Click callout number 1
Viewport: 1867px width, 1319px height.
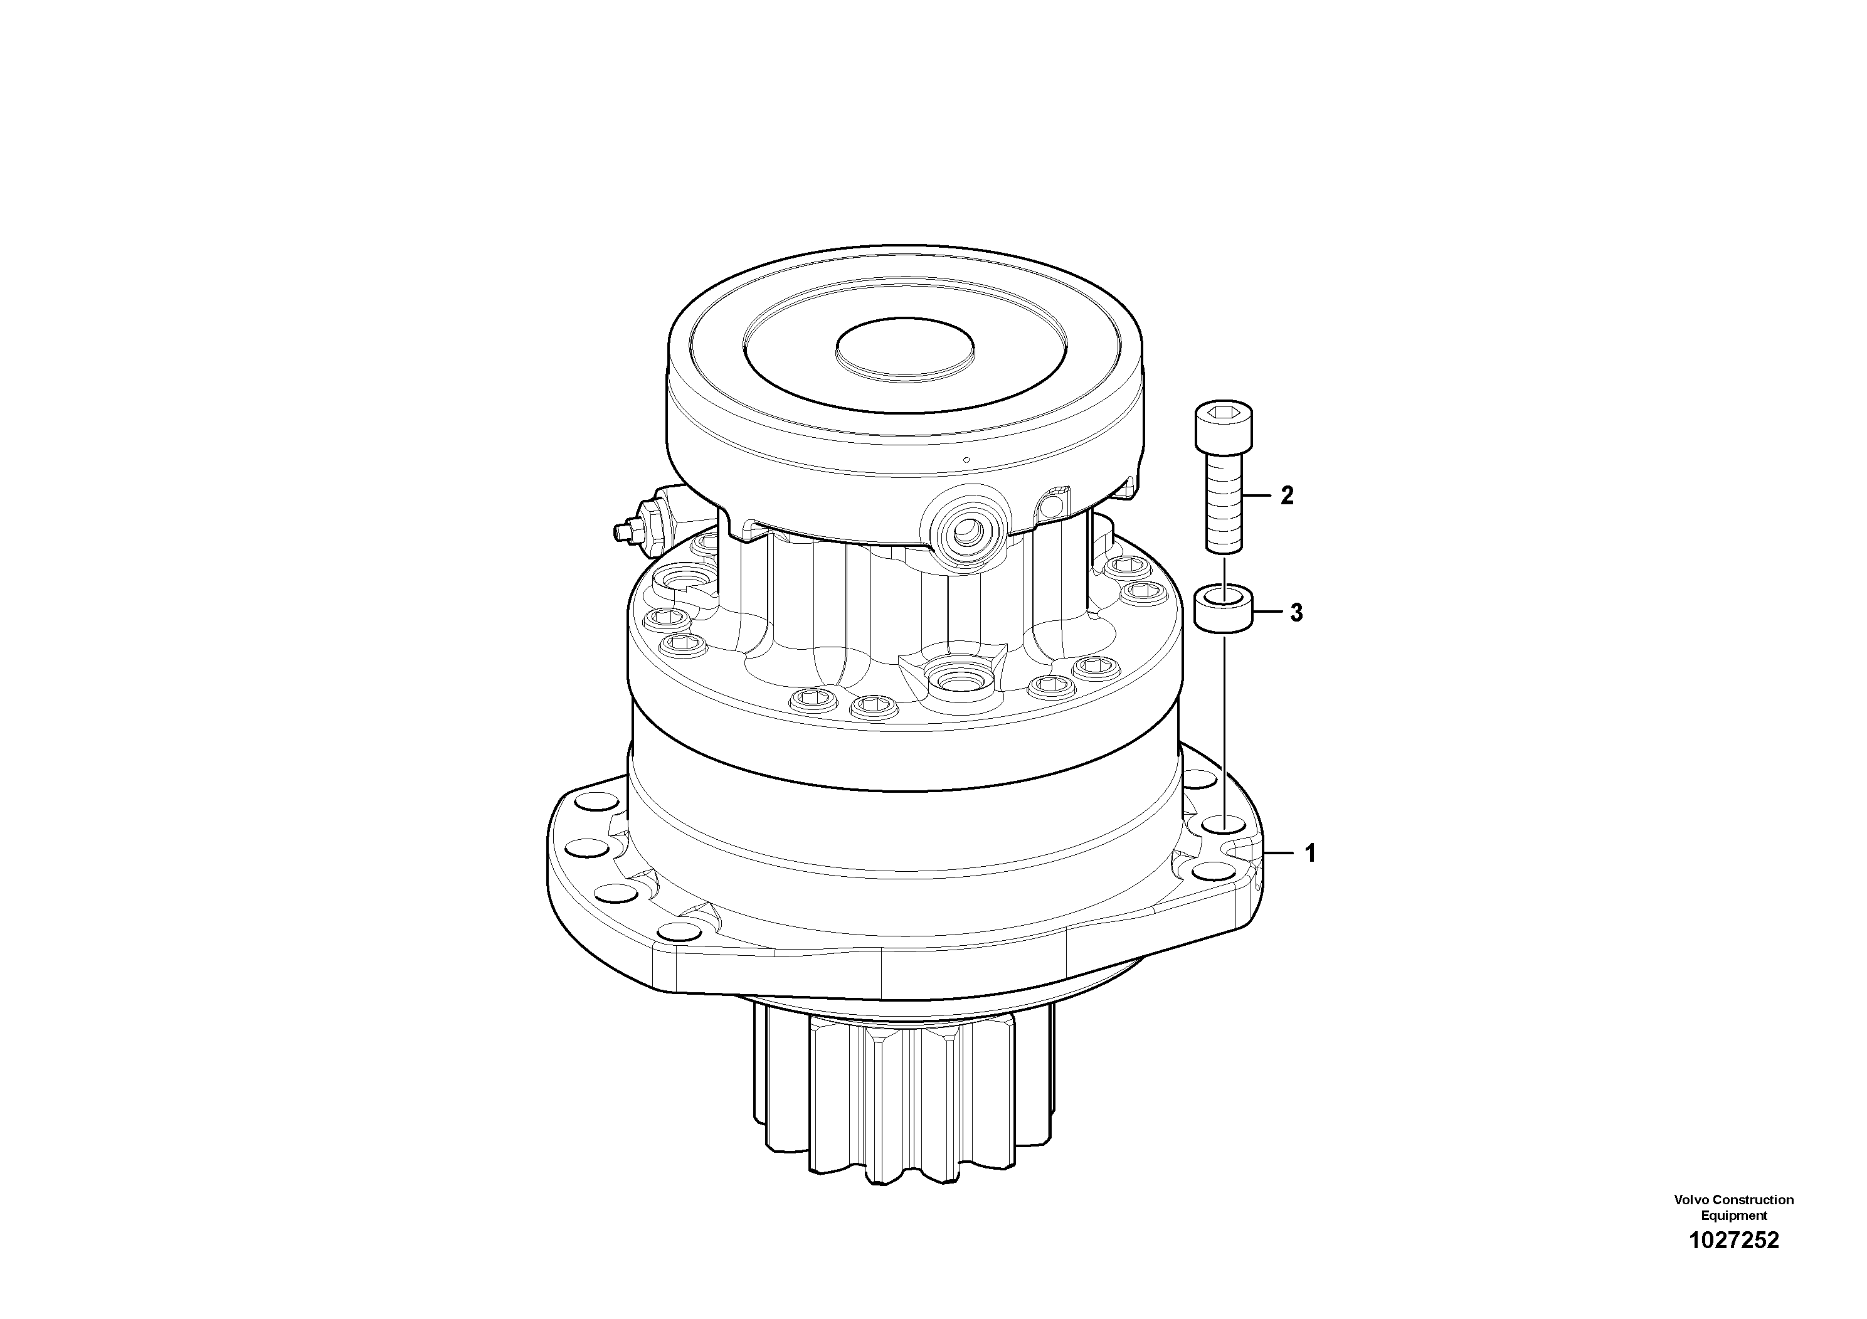1310,853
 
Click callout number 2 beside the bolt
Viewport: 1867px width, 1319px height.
1286,495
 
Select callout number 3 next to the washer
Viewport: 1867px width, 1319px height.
1296,613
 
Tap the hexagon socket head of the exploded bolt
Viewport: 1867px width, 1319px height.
1224,425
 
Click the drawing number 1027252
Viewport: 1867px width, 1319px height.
1733,1239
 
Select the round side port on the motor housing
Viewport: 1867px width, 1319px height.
967,532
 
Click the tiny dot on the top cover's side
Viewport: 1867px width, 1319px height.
965,460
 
